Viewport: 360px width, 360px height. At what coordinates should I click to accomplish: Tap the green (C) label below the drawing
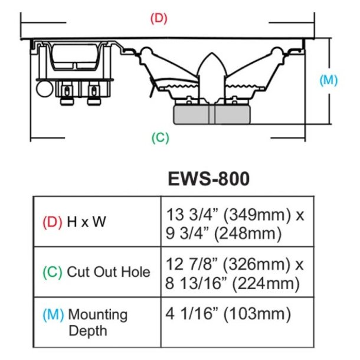(161, 138)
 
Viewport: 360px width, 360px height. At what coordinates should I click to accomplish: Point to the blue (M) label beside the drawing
(328, 80)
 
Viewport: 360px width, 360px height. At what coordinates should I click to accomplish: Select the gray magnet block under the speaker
(213, 114)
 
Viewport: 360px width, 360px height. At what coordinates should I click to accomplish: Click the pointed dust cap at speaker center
(213, 71)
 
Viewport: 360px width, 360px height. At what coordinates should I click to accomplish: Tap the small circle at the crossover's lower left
(43, 89)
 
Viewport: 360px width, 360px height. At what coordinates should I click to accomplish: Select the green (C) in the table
(53, 272)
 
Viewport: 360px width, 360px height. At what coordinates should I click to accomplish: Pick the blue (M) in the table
(54, 314)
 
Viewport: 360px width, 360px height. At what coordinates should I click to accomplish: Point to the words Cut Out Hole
(109, 272)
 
